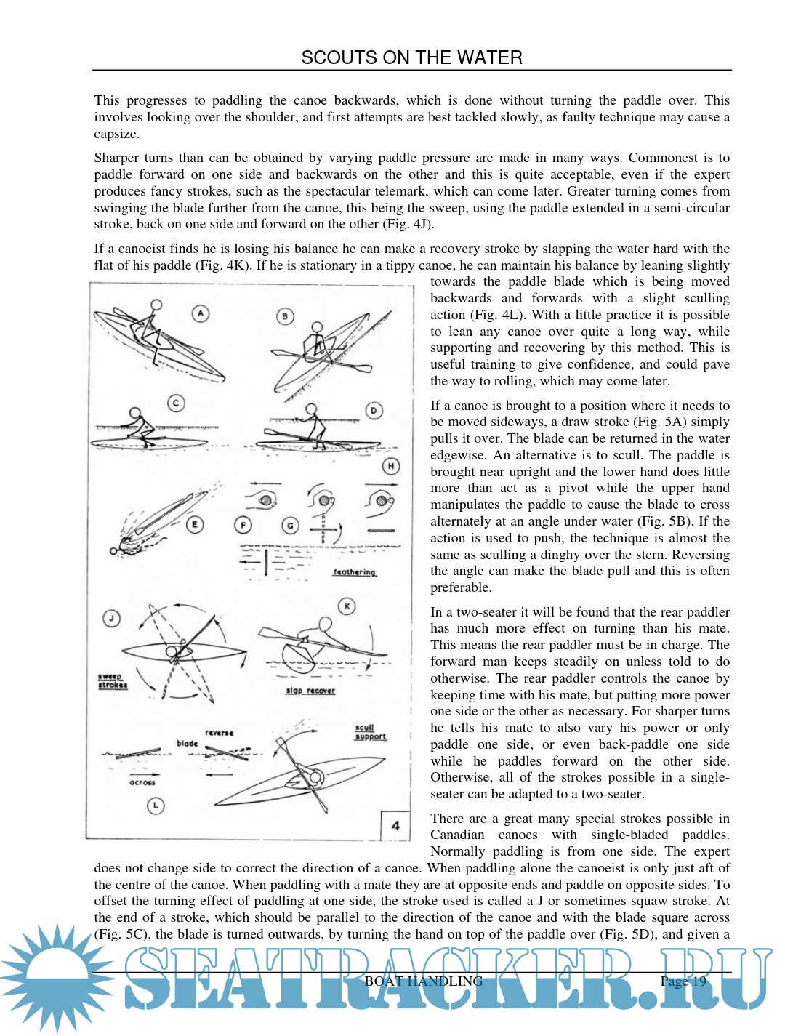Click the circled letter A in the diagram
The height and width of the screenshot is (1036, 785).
pyautogui.click(x=201, y=313)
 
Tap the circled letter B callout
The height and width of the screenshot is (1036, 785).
pyautogui.click(x=285, y=316)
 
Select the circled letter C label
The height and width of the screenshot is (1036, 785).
pyautogui.click(x=175, y=403)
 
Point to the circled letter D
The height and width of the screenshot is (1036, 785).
pyautogui.click(x=374, y=410)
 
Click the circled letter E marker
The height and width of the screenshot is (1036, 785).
pyautogui.click(x=194, y=524)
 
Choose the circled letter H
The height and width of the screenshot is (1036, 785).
pyautogui.click(x=391, y=466)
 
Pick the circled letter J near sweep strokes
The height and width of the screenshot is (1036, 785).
pyautogui.click(x=111, y=619)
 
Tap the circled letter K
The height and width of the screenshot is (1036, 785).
pyautogui.click(x=347, y=606)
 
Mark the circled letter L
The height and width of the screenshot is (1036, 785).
pyautogui.click(x=156, y=806)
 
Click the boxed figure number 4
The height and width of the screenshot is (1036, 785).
pyautogui.click(x=395, y=825)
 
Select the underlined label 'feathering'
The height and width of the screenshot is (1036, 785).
pyautogui.click(x=355, y=572)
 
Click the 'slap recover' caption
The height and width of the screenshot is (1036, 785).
pyautogui.click(x=310, y=690)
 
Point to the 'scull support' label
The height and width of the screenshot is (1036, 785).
pyautogui.click(x=370, y=732)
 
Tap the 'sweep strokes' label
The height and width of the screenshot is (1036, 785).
pyautogui.click(x=113, y=680)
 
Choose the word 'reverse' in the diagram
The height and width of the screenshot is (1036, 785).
pyautogui.click(x=219, y=733)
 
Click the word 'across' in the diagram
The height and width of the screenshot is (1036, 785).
pyautogui.click(x=142, y=782)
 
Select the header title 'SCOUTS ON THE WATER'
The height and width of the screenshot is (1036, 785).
pyautogui.click(x=411, y=57)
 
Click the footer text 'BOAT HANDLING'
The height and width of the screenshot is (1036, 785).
pyautogui.click(x=424, y=981)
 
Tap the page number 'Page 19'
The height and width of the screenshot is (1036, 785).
pyautogui.click(x=683, y=981)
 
